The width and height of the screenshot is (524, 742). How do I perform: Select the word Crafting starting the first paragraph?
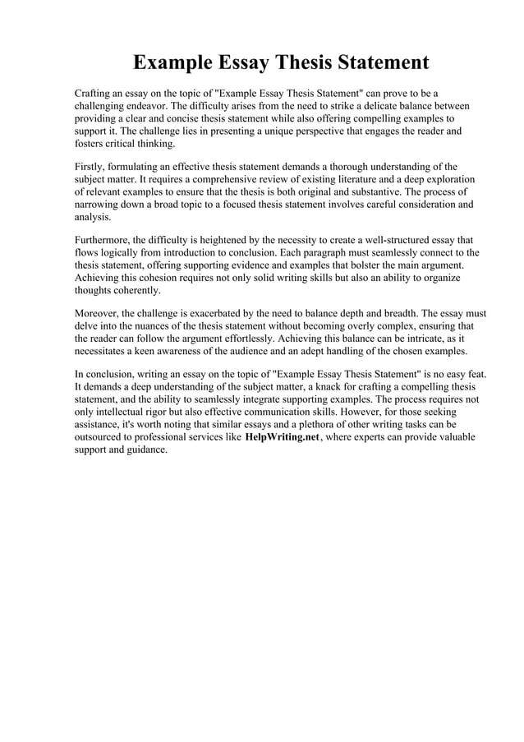pos(95,94)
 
